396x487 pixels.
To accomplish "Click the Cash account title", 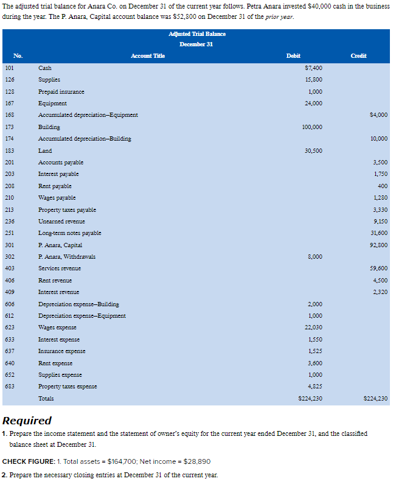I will (x=44, y=68).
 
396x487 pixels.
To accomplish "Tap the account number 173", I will (x=9, y=127).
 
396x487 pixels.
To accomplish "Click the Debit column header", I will (x=293, y=56).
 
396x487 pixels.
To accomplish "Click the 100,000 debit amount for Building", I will (x=311, y=127).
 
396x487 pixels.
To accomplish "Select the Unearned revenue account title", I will (x=61, y=222).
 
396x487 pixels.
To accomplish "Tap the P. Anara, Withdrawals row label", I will (x=67, y=257).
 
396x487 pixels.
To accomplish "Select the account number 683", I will (x=9, y=387).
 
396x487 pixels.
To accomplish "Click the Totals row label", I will (x=46, y=399).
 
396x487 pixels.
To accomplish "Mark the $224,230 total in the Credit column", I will (x=375, y=399).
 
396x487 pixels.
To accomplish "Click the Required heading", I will (x=27, y=421).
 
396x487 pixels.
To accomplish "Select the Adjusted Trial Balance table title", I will (x=197, y=33).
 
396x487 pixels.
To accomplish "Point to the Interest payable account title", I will (x=58, y=174).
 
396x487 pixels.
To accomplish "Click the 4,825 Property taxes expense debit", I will (x=314, y=387).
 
